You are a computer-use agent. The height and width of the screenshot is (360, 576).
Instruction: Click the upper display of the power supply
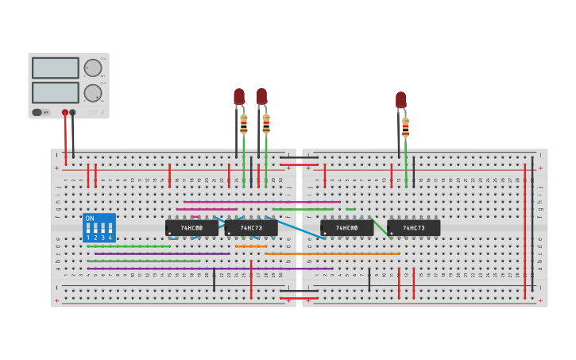56,68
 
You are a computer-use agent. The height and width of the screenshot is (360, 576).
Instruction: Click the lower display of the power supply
56,92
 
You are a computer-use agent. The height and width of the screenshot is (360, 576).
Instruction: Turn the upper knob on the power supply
93,68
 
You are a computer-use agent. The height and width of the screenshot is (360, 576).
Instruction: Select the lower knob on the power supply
93,93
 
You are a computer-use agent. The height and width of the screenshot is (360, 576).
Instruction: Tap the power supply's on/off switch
40,112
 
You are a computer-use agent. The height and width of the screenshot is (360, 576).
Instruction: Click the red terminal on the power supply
65,113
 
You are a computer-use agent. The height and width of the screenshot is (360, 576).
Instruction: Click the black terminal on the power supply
73,113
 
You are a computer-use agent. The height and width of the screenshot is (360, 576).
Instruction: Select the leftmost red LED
239,96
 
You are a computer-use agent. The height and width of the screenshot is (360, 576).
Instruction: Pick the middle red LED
261,96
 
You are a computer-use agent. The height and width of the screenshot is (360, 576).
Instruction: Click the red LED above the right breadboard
401,99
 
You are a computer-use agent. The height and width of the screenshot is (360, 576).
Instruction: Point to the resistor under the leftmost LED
244,124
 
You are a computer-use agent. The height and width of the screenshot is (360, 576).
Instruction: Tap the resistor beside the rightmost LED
406,127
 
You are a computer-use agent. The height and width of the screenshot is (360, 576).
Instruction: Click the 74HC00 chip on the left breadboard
191,228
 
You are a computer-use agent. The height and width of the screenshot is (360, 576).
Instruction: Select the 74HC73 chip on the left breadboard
251,228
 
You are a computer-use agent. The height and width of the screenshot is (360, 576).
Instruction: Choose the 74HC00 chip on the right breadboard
346,228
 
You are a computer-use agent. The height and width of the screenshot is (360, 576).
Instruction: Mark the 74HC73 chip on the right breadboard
413,228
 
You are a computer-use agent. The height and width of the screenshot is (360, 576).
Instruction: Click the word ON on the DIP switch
90,218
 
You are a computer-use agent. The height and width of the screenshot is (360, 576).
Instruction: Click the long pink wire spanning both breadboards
262,202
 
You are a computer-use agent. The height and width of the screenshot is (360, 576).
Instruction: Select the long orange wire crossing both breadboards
334,254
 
